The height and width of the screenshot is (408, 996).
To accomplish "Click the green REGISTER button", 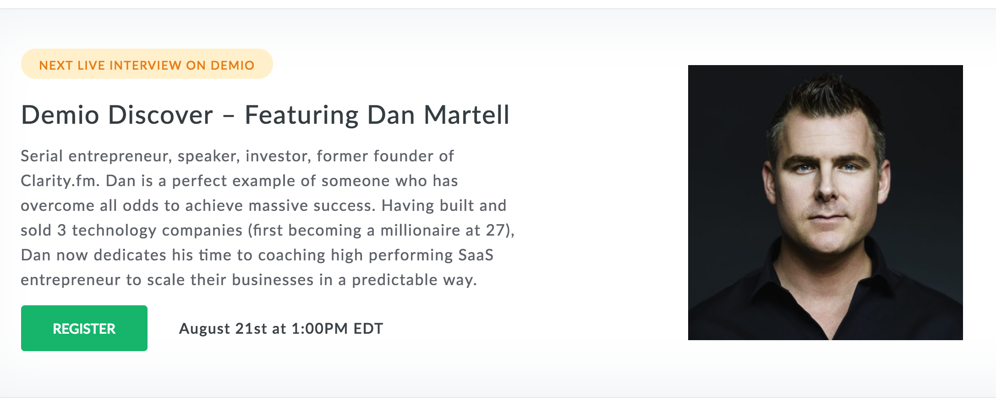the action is pyautogui.click(x=84, y=328).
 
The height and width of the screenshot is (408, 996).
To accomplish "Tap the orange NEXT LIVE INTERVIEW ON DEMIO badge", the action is pyautogui.click(x=147, y=64).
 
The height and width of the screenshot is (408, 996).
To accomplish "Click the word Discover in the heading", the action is pyautogui.click(x=161, y=115).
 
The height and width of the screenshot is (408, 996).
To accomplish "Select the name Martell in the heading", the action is pyautogui.click(x=466, y=115).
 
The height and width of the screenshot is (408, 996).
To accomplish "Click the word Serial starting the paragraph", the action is pyautogui.click(x=42, y=156).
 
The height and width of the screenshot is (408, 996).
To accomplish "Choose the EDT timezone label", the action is pyautogui.click(x=368, y=329).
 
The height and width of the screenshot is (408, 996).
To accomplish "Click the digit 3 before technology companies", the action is pyautogui.click(x=62, y=230).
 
